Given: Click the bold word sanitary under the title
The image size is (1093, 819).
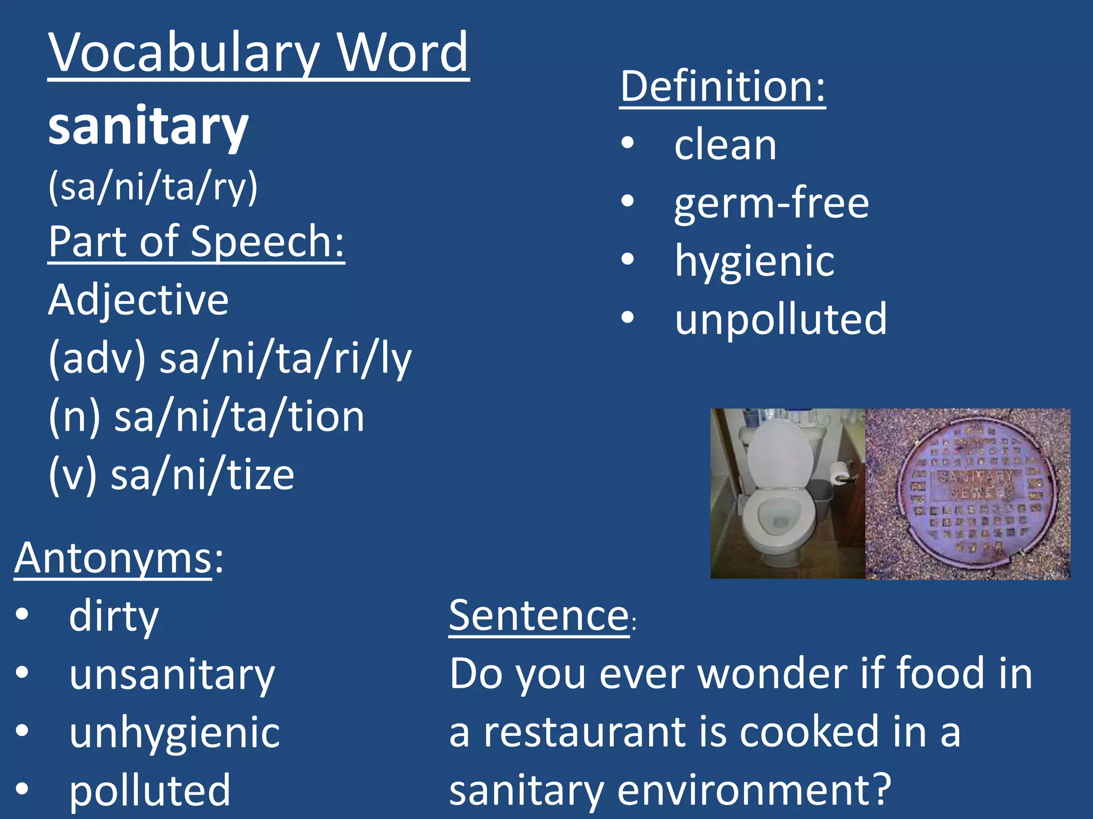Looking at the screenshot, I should [x=148, y=127].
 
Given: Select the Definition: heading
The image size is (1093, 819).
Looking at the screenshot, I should [x=722, y=86].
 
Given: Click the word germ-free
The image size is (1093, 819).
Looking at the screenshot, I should [x=771, y=203].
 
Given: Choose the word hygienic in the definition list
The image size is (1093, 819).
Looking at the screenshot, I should [x=754, y=261].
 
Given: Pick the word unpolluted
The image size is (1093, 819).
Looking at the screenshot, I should [x=780, y=319].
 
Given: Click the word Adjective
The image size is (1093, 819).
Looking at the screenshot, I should [x=138, y=300].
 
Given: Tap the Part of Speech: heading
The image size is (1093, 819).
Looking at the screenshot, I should [x=196, y=242].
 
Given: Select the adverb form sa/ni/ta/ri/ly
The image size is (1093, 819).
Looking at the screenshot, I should [x=286, y=358].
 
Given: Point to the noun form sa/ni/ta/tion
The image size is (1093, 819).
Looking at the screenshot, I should [x=239, y=416].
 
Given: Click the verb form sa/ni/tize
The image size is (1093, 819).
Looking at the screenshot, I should [x=202, y=475].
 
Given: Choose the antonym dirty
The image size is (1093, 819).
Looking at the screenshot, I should [x=114, y=616].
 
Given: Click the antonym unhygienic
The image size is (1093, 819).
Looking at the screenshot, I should [x=175, y=733].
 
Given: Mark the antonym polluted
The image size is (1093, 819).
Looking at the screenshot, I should [x=150, y=790].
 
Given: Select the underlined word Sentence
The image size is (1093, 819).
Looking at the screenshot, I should [x=539, y=615].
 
